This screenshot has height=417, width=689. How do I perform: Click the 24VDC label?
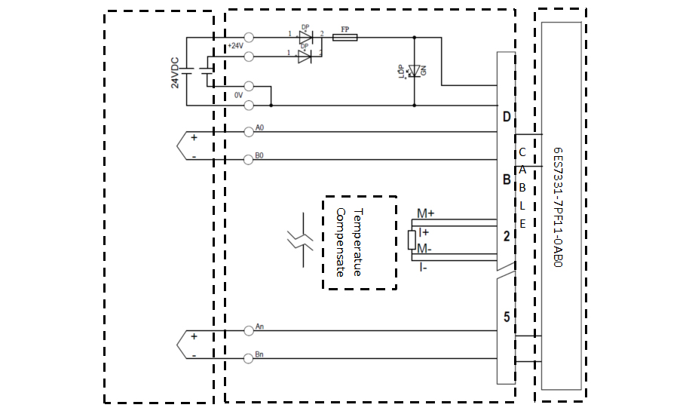tap(175, 74)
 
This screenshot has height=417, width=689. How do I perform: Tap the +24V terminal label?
tap(235, 46)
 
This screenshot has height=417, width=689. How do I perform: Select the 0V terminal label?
tap(237, 95)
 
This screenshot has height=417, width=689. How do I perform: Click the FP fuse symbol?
tap(345, 37)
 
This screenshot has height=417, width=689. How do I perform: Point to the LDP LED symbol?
tap(412, 71)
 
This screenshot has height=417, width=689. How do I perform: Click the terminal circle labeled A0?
tap(249, 132)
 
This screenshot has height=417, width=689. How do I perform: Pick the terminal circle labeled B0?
tap(249, 160)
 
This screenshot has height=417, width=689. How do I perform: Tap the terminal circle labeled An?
tap(249, 330)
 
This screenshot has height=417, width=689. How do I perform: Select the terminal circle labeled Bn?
tap(249, 358)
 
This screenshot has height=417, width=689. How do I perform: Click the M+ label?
tap(425, 213)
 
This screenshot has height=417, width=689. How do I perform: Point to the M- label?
tap(424, 248)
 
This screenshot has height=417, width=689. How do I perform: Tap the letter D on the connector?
tap(507, 118)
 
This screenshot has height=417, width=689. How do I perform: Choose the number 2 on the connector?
tap(507, 236)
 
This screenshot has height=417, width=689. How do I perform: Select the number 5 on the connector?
tap(507, 317)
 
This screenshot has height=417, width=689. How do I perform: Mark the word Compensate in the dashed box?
tap(339, 241)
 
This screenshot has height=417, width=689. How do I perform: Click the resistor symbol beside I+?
tap(412, 240)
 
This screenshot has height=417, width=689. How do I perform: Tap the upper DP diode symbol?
tap(305, 37)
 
